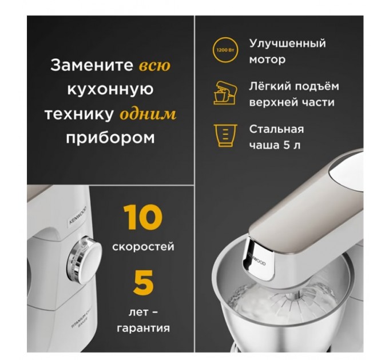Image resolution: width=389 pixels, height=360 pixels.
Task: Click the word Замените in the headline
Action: click(92, 65)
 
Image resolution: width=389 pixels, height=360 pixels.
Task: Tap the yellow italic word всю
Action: click(154, 65)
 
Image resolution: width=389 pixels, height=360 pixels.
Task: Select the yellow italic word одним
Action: click(148, 114)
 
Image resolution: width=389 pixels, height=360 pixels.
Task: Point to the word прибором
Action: click(110, 138)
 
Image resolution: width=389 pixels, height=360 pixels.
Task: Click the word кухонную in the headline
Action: click(110, 90)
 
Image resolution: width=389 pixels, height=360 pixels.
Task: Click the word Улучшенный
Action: click(287, 43)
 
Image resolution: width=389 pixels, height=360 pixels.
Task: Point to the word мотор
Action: click(267, 59)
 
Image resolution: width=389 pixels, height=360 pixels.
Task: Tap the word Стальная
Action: click(276, 129)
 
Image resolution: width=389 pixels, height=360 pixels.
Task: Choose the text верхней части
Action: click(292, 102)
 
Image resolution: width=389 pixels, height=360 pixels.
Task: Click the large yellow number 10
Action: click(143, 218)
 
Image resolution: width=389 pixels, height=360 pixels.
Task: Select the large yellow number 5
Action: click(144, 283)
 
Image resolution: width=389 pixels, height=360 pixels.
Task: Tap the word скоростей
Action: click(143, 247)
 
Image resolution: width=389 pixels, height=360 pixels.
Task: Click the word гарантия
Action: click(143, 328)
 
